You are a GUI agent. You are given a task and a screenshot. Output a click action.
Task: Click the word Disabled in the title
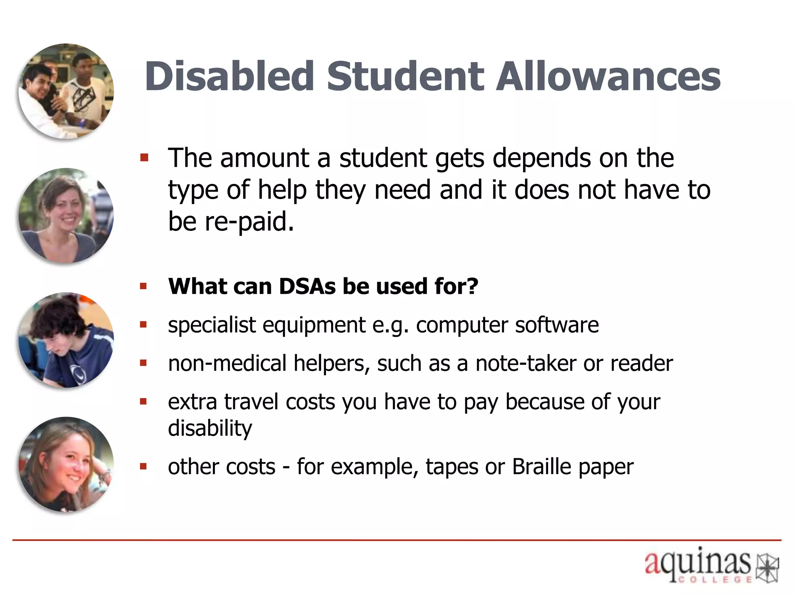229,76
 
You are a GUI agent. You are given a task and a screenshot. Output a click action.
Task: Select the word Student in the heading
405,76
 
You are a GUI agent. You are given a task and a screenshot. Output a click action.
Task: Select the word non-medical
227,364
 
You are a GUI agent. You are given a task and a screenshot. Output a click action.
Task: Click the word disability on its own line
210,428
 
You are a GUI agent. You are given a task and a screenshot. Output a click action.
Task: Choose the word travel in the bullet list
251,402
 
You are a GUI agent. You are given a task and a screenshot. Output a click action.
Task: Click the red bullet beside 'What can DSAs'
143,287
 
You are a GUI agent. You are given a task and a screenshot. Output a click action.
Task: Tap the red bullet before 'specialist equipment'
143,325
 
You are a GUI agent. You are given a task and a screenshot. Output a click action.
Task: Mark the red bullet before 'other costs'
143,466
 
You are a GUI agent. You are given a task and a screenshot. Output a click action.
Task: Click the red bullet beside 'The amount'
144,158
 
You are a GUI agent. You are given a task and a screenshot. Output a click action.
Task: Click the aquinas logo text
697,563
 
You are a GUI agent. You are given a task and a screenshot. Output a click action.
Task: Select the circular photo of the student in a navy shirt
66,340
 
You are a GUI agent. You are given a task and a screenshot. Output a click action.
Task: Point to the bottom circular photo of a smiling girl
66,464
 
